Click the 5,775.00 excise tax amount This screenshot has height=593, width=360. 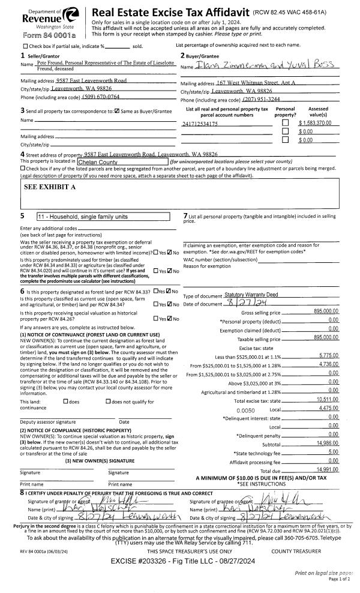coord(328,356)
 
